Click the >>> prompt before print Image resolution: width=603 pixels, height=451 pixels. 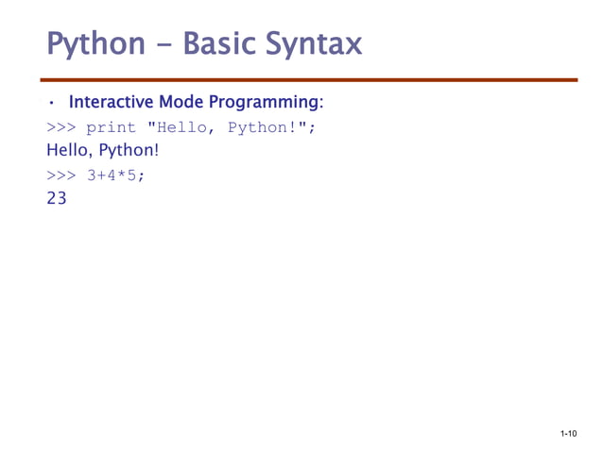tap(60, 127)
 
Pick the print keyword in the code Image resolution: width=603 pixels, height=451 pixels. tap(111, 127)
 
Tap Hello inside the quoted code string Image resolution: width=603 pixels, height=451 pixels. tap(182, 127)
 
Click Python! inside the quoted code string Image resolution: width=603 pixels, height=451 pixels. tap(264, 127)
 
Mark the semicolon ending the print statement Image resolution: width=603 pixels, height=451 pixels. tap(310, 128)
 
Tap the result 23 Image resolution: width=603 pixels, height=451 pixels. tap(57, 199)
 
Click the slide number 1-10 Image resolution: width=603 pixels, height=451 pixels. tap(568, 434)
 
